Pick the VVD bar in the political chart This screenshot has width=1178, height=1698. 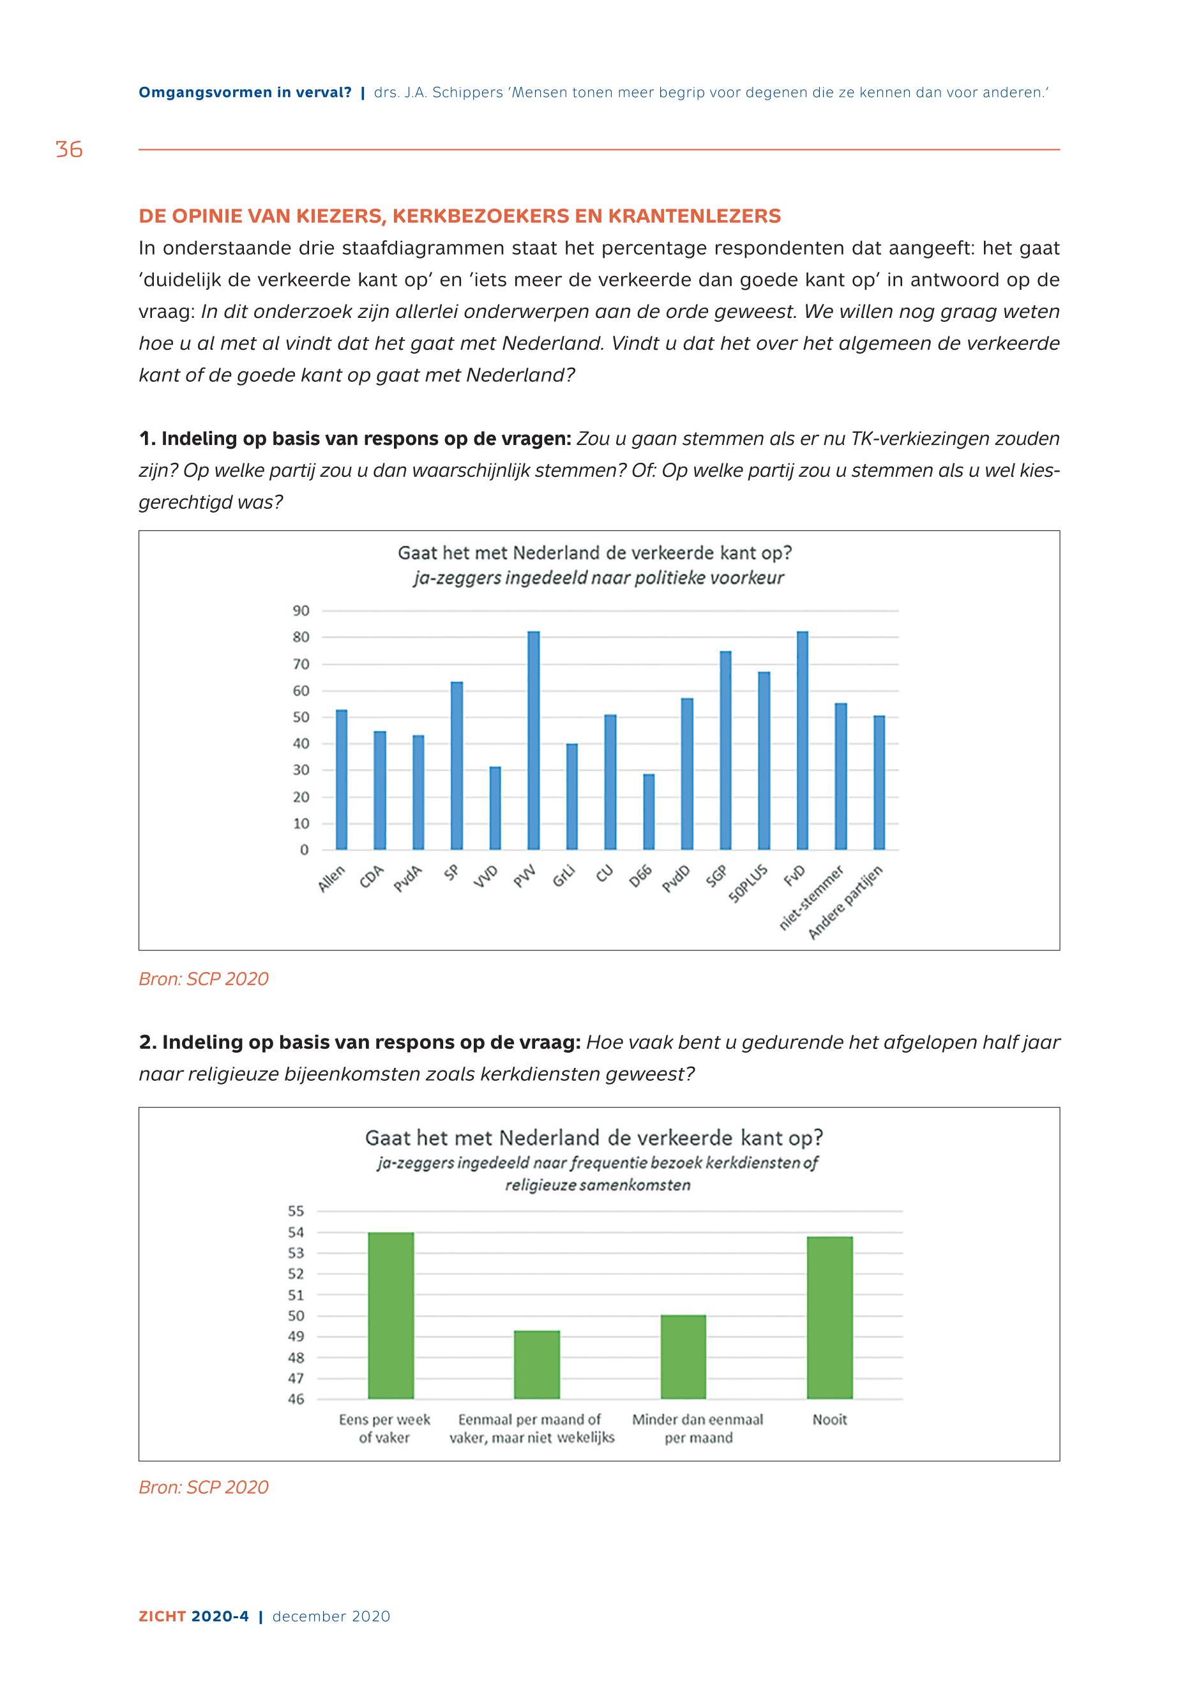pos(495,808)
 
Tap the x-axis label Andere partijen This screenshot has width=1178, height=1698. pos(847,903)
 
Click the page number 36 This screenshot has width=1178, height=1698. pos(70,150)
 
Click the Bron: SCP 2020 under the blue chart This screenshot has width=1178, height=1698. pos(204,979)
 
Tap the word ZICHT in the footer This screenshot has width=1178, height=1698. pos(162,1637)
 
